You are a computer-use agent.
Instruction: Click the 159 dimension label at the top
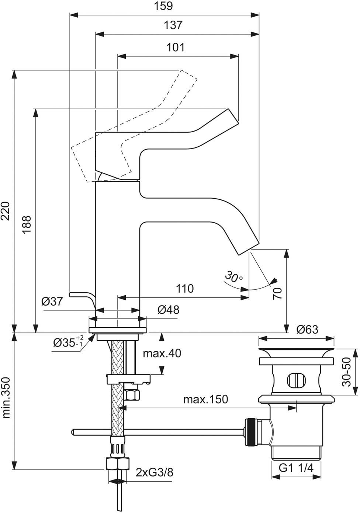pyautogui.click(x=163, y=6)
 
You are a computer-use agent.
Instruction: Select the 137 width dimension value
pyautogui.click(x=173, y=25)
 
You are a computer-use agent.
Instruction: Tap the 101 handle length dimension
pyautogui.click(x=175, y=47)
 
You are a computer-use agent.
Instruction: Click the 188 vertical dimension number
pyautogui.click(x=27, y=224)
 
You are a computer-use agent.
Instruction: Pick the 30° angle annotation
pyautogui.click(x=234, y=276)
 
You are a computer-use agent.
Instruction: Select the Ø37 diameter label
pyautogui.click(x=52, y=301)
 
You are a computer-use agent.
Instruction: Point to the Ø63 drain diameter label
pyautogui.click(x=307, y=329)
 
